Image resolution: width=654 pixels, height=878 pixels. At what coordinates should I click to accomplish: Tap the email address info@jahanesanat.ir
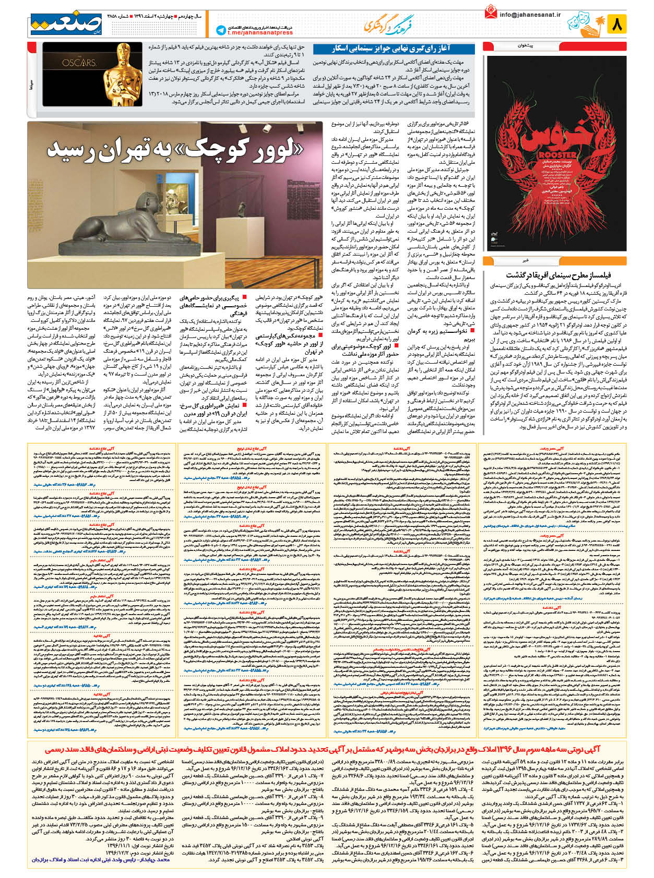529,15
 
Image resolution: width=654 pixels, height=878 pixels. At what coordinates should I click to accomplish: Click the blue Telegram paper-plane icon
220,30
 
